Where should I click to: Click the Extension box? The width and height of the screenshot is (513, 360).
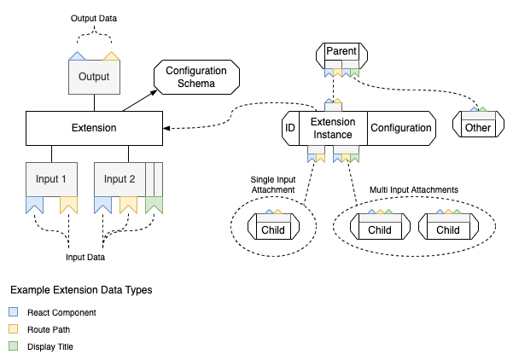coord(93,128)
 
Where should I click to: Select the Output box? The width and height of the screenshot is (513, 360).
coord(94,78)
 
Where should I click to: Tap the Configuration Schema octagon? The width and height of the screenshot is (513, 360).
coord(189,78)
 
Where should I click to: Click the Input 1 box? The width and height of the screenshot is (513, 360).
coord(51,179)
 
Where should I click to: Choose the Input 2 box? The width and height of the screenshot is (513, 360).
coord(120,179)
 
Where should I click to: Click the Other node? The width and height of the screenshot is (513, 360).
coord(478,128)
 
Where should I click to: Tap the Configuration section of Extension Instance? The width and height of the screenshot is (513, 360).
coord(400,128)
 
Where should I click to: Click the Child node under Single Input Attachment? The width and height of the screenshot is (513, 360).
coord(273,229)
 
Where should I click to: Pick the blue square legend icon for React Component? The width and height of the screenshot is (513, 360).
coord(13,312)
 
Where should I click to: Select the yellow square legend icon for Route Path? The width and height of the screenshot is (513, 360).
coord(13,329)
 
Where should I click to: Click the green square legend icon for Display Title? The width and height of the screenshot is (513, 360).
coord(13,345)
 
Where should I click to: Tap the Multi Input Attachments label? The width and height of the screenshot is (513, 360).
coord(413,189)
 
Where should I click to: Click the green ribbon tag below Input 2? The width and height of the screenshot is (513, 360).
coord(154,205)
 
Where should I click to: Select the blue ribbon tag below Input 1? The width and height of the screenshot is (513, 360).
coord(34,205)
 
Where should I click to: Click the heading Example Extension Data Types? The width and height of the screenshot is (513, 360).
coord(81,290)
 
